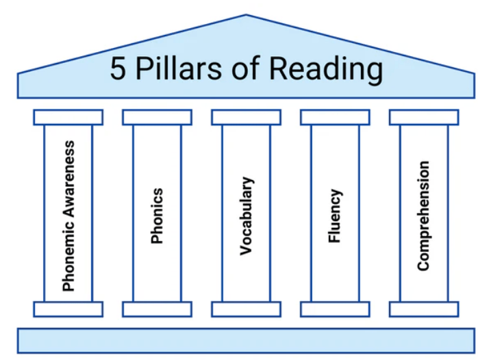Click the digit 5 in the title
point(118,70)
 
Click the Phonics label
point(157,216)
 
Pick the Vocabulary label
point(246,216)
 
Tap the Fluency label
point(335,216)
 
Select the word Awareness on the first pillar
point(68,177)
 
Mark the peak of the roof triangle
point(245,15)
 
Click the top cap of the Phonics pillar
point(157,117)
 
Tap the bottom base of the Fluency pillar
point(335,309)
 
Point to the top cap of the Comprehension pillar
point(424,117)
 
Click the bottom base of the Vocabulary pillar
point(246,309)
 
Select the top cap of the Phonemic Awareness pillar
point(68,117)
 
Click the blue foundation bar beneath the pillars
point(246,341)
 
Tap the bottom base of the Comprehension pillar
point(424,309)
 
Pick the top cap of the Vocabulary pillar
point(246,117)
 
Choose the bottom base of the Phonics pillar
point(157,309)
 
